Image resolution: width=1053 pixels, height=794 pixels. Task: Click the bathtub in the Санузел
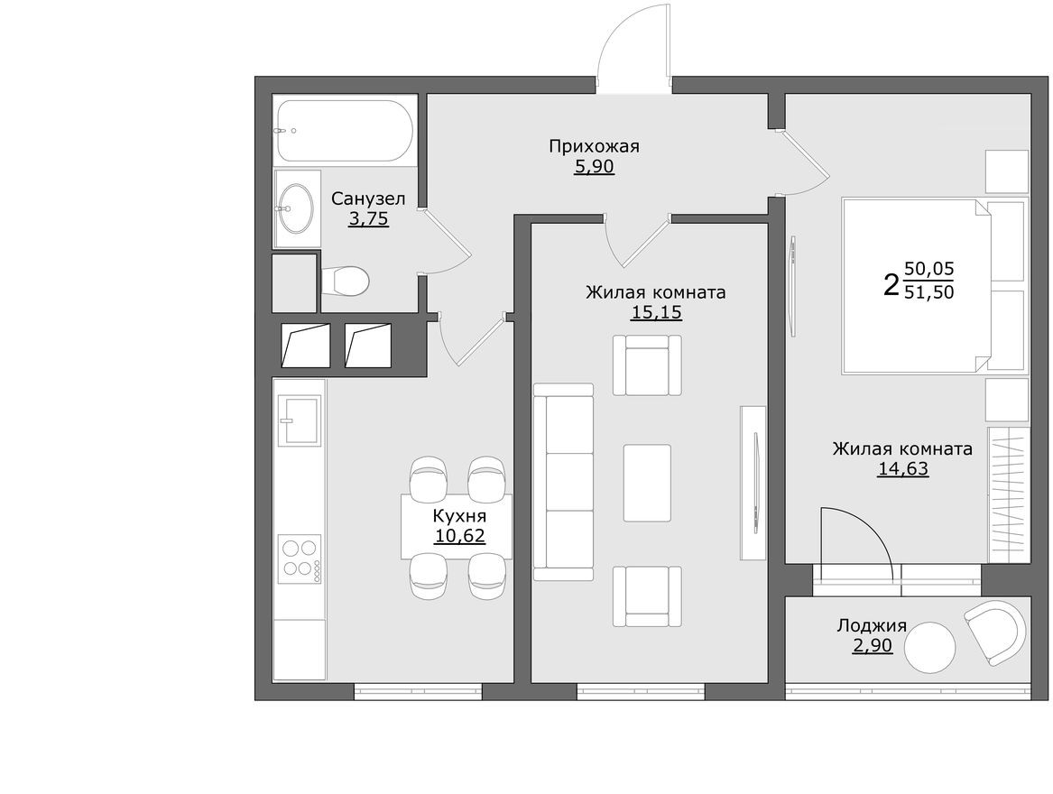[x=345, y=130]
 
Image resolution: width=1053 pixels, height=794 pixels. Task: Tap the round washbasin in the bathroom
[x=295, y=208]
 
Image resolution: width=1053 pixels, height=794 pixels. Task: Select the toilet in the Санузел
[x=346, y=281]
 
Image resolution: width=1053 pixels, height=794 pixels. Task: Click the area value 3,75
[x=368, y=218]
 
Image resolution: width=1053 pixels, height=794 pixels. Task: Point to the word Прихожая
[x=594, y=146]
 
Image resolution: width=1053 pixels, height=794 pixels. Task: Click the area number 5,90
[x=594, y=167]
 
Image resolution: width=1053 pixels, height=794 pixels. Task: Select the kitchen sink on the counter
[x=300, y=420]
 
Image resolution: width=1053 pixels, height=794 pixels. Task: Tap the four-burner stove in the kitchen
[x=300, y=557]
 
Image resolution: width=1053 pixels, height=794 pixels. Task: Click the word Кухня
[x=459, y=516]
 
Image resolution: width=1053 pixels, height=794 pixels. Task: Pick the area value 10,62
[x=459, y=537]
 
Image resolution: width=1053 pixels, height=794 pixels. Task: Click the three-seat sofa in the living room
[x=563, y=482]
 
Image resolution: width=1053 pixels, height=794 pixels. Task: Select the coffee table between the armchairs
[x=647, y=483]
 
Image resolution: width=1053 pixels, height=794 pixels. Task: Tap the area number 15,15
[x=656, y=313]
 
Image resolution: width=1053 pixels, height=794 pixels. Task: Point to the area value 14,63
[x=902, y=468]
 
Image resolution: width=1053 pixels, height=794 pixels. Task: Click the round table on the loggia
[x=930, y=647]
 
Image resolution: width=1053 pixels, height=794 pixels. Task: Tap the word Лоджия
[x=872, y=626]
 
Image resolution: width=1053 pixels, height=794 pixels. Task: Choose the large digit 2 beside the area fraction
[x=891, y=284]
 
